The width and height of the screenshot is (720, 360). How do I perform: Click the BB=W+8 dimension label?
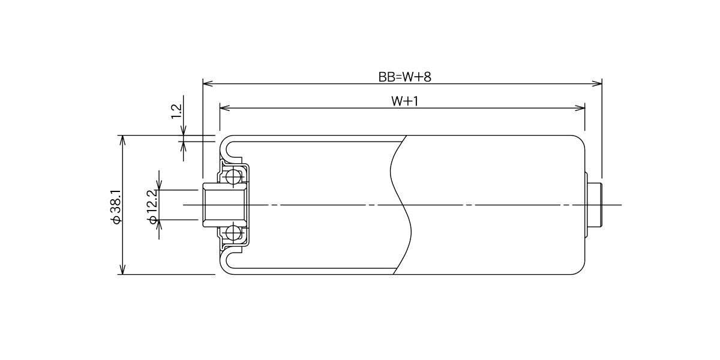[404, 77]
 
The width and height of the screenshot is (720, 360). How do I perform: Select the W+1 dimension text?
[404, 101]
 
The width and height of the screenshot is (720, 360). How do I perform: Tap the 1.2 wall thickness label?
[177, 112]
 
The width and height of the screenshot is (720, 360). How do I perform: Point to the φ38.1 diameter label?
[115, 206]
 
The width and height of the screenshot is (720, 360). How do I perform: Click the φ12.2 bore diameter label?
[152, 206]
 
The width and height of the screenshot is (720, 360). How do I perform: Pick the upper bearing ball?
[233, 176]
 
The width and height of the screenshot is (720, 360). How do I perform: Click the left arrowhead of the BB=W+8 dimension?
[208, 84]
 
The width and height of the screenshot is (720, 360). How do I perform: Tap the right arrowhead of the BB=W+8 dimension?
[597, 84]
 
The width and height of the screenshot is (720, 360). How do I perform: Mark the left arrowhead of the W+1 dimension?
[224, 108]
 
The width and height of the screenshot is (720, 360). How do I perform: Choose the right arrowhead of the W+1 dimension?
[580, 108]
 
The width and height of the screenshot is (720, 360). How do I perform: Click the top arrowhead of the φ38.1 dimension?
[122, 140]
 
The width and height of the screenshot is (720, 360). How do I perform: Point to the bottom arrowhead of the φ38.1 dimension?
[122, 269]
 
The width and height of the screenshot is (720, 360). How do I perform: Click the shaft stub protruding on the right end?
[595, 205]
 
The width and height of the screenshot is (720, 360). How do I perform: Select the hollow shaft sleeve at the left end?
[225, 205]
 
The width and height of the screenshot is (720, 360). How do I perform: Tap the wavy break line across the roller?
[401, 205]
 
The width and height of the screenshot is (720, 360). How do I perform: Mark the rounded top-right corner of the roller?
[581, 139]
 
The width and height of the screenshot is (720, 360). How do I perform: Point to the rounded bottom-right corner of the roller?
[581, 271]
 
